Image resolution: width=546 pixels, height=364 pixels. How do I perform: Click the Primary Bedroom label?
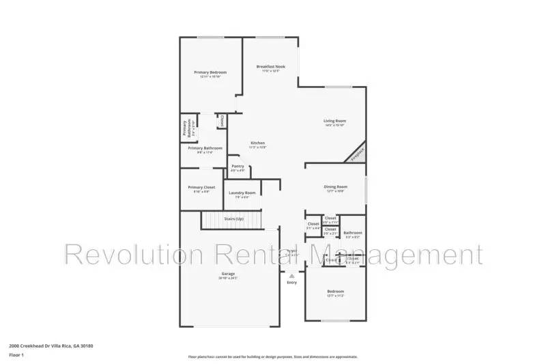pos(210,72)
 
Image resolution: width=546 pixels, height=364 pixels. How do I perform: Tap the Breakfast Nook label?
pos(271,66)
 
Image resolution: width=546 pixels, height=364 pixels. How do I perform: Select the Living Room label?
pos(334,121)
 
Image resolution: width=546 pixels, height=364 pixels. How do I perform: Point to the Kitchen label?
pos(257,143)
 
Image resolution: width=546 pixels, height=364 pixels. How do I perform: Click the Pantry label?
pos(238,166)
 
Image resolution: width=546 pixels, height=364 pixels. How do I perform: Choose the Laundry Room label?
pos(242,193)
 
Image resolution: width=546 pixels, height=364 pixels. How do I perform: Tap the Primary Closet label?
pos(201,188)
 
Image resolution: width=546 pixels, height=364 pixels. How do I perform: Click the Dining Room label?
pos(335,186)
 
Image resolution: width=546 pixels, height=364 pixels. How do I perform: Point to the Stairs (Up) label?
pos(234,219)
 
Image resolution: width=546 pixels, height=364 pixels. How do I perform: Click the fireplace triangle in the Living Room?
pos(358,153)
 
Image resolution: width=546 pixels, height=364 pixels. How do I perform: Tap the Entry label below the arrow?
pos(292,282)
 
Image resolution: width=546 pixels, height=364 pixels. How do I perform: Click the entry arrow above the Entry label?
pos(292,275)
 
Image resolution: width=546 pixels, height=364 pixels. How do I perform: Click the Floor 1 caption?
pos(16,355)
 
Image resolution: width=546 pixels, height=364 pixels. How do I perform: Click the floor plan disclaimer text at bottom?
pos(272,356)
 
